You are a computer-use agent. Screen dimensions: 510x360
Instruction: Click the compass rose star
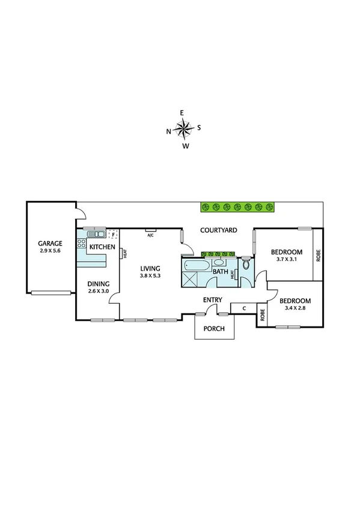183,129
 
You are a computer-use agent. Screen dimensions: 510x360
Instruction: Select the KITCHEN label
102,247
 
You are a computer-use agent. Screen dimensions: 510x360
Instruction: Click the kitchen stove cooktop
81,244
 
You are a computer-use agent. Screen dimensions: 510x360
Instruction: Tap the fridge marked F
112,235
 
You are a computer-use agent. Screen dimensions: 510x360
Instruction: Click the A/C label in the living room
151,235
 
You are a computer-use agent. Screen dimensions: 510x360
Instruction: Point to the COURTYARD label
219,230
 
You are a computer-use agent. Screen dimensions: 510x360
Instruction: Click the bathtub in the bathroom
195,265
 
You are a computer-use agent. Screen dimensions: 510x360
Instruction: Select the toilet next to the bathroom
245,265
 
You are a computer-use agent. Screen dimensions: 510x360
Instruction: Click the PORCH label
213,328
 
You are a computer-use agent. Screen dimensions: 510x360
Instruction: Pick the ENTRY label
213,300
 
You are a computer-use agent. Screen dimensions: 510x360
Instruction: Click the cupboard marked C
243,309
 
